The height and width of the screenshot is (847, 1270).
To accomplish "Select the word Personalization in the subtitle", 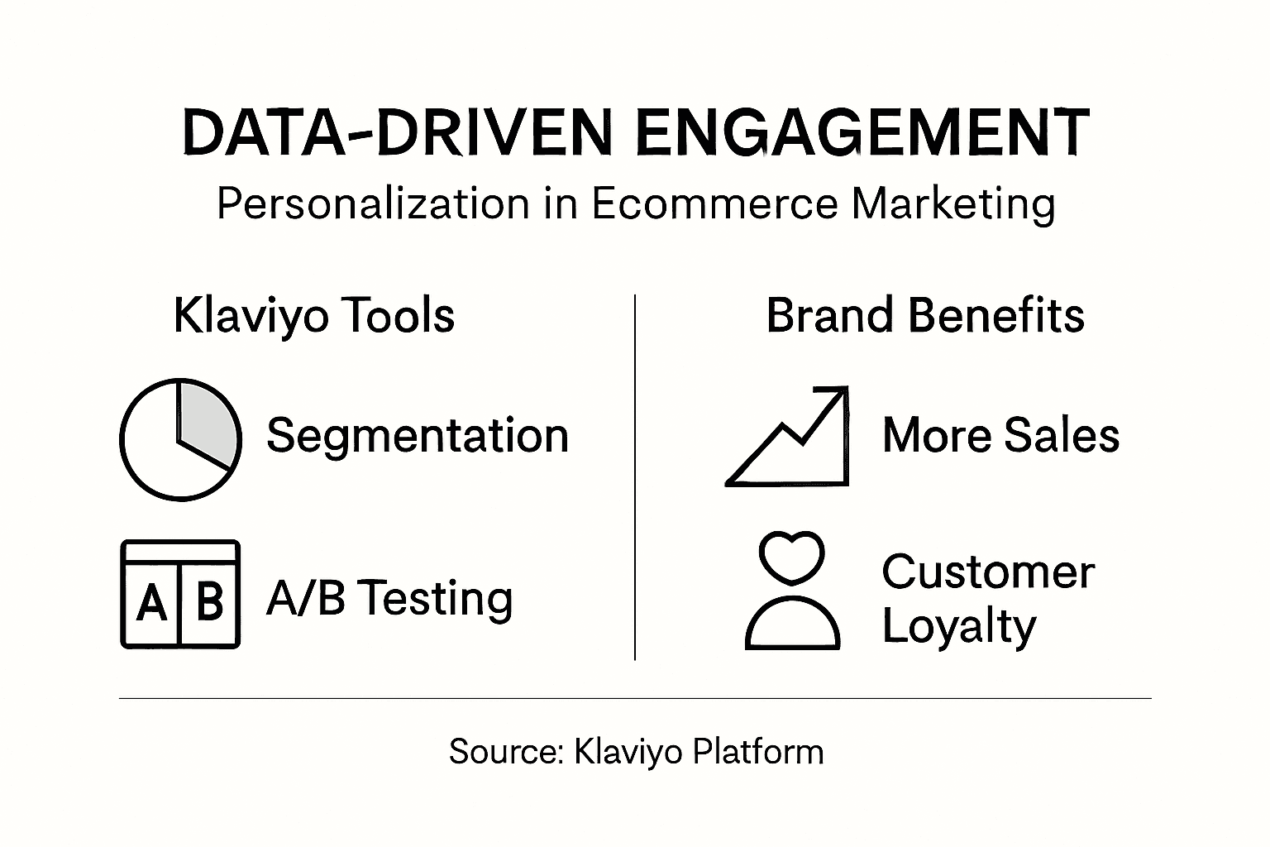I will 373,203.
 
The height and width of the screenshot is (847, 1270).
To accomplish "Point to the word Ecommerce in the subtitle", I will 715,203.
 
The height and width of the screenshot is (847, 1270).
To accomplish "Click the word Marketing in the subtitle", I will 953,203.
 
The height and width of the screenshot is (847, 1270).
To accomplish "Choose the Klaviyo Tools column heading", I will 314,316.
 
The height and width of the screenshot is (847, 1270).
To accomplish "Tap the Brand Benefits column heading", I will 925,316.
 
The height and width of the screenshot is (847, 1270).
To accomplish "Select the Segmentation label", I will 418,435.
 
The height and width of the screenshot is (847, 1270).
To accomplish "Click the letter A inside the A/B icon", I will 151,603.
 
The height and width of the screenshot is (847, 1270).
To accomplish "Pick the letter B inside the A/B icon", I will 210,601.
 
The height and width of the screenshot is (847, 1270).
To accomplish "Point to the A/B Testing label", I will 389,598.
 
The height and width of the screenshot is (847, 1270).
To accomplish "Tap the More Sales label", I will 1000,435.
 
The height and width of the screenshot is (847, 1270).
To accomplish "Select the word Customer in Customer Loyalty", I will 988,572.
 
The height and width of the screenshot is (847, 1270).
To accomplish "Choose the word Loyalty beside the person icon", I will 958,626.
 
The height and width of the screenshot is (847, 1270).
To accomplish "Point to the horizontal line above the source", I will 635,698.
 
